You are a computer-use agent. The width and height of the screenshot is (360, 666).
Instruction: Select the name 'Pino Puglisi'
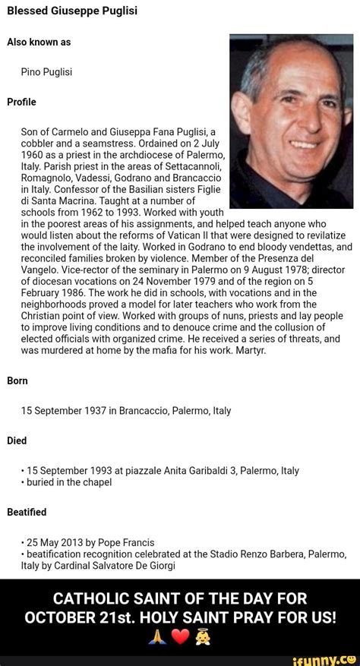47,72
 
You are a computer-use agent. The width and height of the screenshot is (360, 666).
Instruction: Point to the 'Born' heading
18,381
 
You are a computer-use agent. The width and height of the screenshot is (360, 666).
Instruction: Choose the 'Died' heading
17,440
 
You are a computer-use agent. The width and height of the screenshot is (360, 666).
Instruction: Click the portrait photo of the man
291,121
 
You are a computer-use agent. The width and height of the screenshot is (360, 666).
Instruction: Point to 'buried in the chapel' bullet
68,482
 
